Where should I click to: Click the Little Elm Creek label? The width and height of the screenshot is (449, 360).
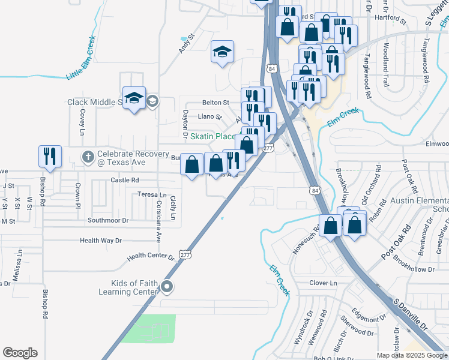click(x=81, y=59)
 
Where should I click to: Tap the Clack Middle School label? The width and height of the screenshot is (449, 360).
click(x=95, y=102)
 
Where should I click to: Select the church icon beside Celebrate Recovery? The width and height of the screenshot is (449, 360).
click(x=88, y=158)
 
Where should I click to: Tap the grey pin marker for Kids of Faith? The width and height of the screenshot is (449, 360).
click(x=167, y=287)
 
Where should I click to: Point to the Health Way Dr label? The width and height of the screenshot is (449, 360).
click(x=101, y=241)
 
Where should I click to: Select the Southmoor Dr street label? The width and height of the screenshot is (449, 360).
click(x=108, y=220)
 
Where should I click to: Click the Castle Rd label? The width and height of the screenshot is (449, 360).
click(x=125, y=180)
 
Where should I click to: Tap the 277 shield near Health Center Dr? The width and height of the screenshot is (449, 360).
click(x=184, y=254)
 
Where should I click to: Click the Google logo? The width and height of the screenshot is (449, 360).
click(x=20, y=353)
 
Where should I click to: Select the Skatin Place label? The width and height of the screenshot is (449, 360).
click(x=212, y=137)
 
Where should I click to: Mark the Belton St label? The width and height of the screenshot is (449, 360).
click(x=215, y=103)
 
